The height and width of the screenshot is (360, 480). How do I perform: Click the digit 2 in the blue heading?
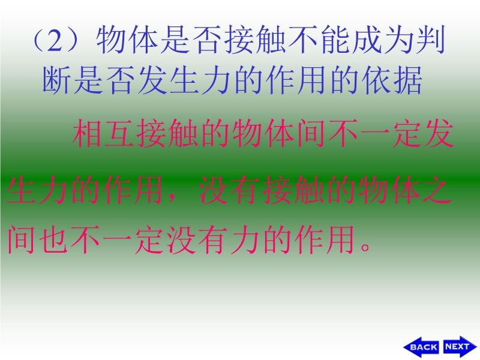(x=55, y=41)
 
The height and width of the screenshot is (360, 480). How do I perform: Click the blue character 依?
(x=376, y=80)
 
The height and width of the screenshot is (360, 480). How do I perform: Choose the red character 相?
(x=87, y=133)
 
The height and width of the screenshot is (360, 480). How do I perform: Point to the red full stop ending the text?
(x=365, y=247)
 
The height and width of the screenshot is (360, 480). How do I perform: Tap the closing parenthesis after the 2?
(x=73, y=41)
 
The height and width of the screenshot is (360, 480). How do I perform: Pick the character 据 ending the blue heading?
(x=408, y=80)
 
